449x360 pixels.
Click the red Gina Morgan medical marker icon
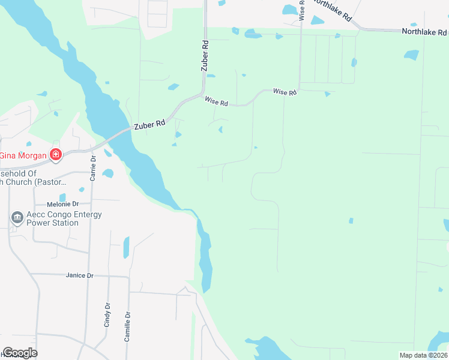click(55, 155)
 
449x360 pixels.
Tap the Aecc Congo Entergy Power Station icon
click(17, 217)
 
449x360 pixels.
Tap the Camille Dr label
click(127, 326)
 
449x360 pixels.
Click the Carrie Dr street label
click(93, 167)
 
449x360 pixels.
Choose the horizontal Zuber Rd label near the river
click(149, 124)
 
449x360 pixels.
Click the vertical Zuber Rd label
click(205, 56)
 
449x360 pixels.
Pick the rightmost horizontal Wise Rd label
click(285, 92)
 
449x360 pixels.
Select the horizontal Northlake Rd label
click(424, 32)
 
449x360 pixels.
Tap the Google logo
click(20, 353)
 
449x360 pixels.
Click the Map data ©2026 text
click(423, 355)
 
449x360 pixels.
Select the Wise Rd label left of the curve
click(216, 103)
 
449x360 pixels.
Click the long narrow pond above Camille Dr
click(126, 247)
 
